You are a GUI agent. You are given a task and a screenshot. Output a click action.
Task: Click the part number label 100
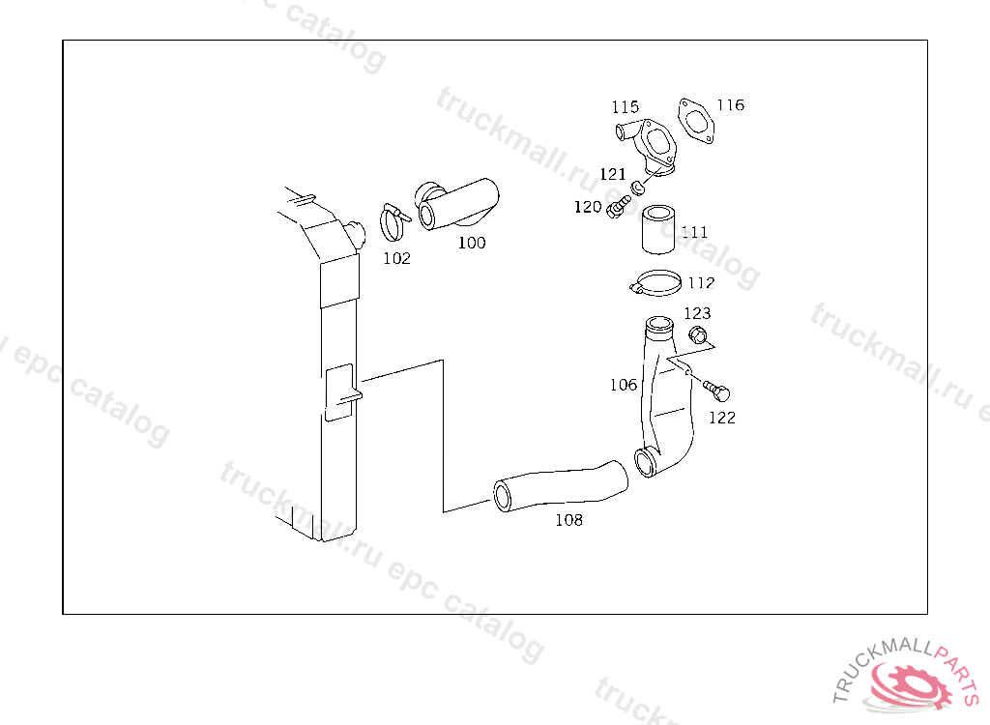472,243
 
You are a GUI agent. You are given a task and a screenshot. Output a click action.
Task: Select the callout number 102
396,258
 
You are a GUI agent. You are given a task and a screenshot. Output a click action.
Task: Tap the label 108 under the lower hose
568,520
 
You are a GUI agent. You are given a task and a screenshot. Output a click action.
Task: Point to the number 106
624,385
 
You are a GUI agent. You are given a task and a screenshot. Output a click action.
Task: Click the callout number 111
694,232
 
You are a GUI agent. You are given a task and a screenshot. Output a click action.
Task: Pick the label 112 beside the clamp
701,283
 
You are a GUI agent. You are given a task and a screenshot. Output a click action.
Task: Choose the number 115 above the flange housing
625,106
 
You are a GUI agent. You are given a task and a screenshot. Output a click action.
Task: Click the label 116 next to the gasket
730,104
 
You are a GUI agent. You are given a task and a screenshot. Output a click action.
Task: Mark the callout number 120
588,207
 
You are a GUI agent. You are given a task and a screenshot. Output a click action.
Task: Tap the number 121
612,174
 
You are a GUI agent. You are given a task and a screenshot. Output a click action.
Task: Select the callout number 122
722,418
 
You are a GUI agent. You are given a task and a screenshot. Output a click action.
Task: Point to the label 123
697,313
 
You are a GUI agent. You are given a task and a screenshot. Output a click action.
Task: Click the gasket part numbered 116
696,121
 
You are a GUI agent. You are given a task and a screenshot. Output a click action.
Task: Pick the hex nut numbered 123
697,335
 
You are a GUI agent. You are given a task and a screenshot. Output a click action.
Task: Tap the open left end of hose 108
504,496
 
